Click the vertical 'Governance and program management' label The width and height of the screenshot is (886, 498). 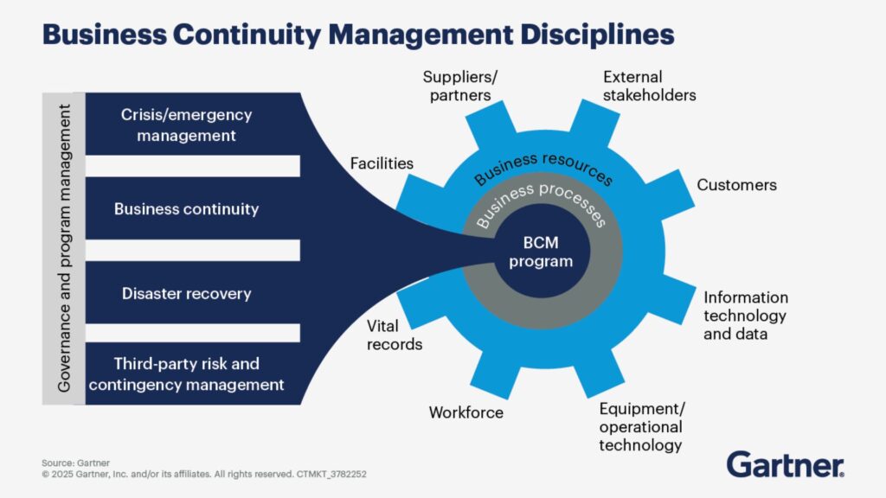tap(64, 248)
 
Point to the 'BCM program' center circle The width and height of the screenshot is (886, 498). tap(542, 252)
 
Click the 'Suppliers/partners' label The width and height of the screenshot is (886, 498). tap(460, 86)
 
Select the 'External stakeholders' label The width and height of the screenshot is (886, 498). tap(649, 86)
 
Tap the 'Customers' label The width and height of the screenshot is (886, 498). tap(736, 185)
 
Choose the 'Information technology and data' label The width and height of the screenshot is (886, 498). tap(745, 316)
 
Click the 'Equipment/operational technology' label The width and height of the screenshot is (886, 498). tap(641, 427)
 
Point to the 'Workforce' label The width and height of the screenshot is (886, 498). tap(465, 412)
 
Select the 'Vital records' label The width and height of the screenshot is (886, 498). tap(395, 335)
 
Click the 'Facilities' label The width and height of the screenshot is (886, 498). tap(382, 163)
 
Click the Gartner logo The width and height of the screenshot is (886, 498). tap(786, 464)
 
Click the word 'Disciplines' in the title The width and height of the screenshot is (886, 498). tap(597, 35)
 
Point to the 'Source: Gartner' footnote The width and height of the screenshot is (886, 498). tap(76, 463)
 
